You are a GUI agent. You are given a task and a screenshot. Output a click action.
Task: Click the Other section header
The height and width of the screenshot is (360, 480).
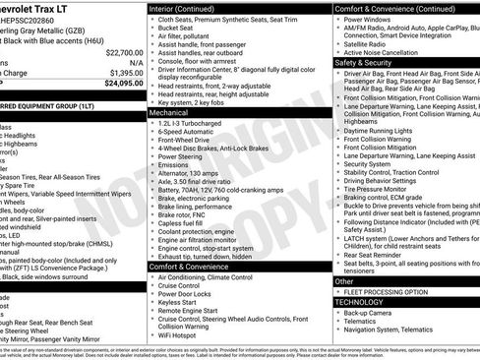tap(343, 281)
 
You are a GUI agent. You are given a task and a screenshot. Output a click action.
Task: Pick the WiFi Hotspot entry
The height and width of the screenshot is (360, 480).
tap(182, 335)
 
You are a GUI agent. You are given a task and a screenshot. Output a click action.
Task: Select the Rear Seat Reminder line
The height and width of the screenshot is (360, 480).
tap(382, 256)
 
